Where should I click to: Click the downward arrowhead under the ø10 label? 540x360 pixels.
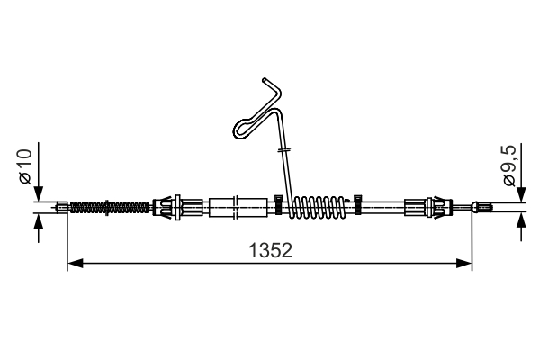(x=37, y=196)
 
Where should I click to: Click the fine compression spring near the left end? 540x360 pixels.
(x=108, y=207)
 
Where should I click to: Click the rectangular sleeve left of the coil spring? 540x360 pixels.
(x=238, y=206)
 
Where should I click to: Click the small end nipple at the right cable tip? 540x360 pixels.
(x=484, y=208)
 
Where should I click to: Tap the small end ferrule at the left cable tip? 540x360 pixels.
(x=61, y=208)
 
